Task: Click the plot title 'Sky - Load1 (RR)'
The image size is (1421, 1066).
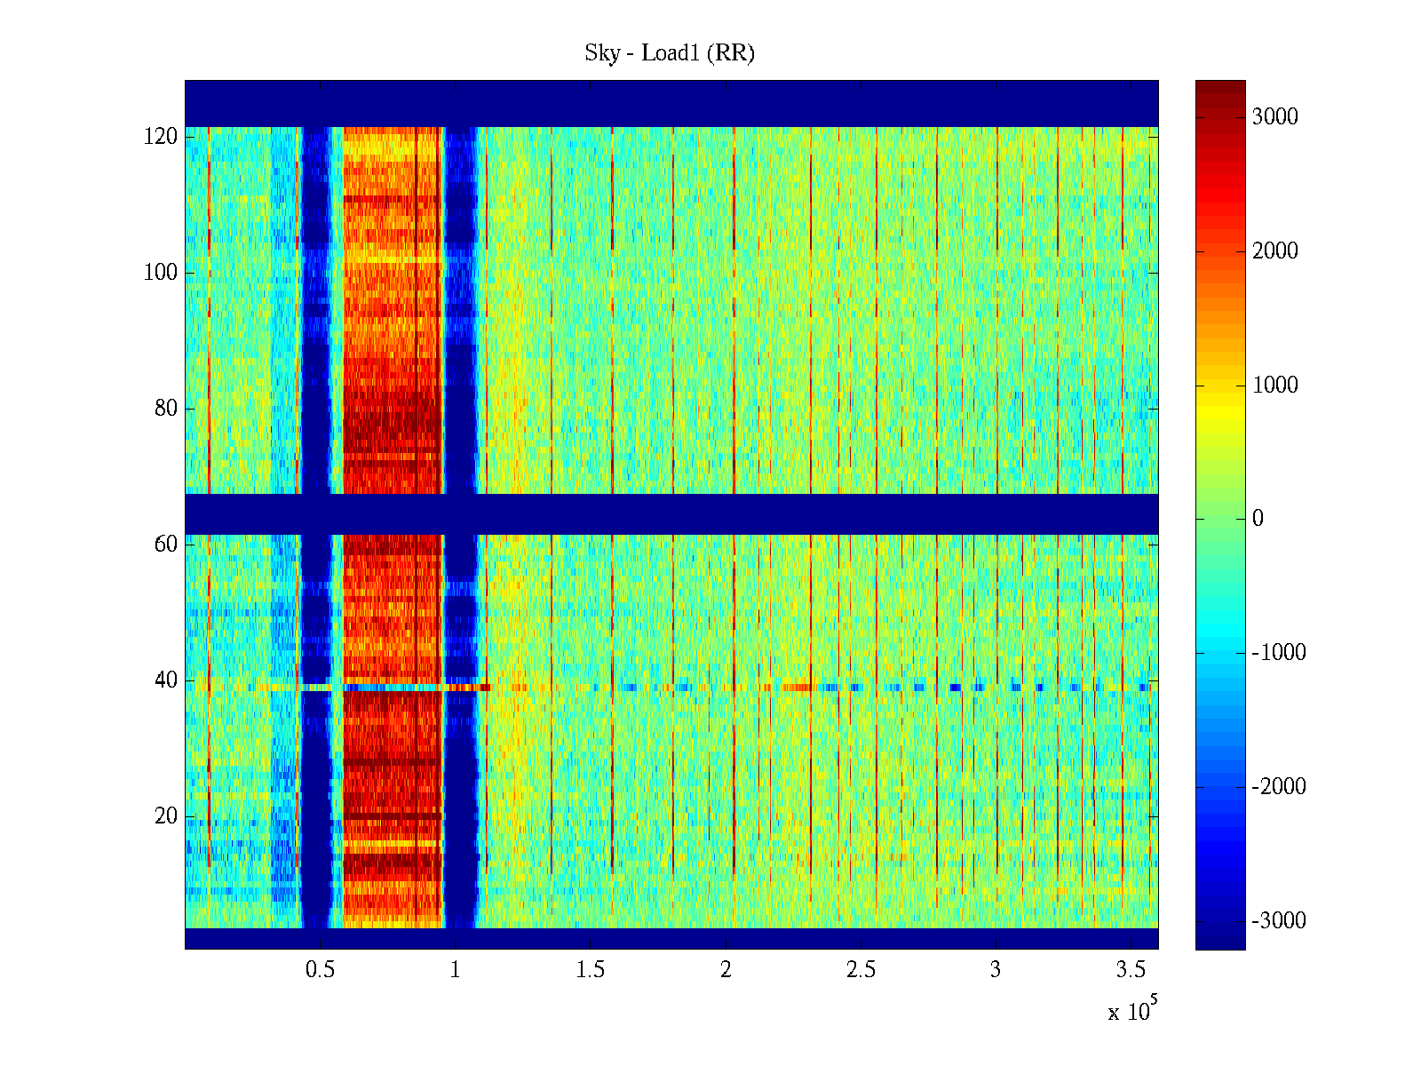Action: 670,53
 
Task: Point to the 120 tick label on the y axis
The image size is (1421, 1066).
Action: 161,137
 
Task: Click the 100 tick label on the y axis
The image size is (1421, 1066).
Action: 161,273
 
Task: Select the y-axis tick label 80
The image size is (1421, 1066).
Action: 166,409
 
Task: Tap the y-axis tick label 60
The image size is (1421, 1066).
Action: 166,545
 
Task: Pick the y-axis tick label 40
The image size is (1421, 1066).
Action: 166,680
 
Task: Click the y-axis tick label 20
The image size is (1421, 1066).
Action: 166,816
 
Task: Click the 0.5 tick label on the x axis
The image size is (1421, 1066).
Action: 320,970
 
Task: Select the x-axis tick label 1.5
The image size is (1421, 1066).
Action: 590,970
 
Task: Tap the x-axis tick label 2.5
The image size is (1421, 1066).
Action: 861,970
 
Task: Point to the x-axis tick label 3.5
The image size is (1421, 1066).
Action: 1131,970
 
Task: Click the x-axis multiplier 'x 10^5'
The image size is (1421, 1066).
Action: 1132,1010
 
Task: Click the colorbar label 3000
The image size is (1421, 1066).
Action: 1275,117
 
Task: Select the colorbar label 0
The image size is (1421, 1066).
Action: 1258,519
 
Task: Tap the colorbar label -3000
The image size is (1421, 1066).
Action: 1279,921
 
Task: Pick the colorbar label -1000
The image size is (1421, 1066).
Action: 1279,653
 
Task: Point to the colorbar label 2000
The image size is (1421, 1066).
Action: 1275,251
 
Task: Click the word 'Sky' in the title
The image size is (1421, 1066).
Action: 601,53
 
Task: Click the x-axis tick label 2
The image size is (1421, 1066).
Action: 726,970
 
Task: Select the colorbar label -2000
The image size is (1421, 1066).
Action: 1279,787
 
